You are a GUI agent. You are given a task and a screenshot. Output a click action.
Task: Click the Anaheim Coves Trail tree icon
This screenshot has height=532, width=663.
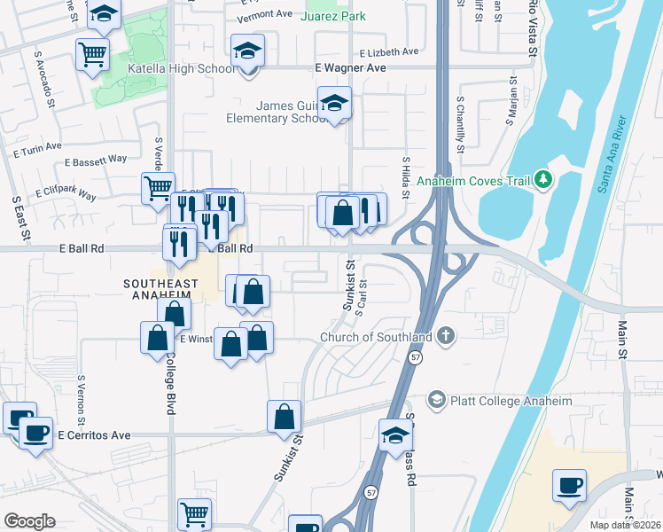tap(543, 181)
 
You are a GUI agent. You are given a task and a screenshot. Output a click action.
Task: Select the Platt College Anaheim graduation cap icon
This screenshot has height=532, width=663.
tap(435, 401)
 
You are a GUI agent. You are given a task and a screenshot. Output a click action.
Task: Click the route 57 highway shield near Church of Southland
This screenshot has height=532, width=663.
tap(415, 357)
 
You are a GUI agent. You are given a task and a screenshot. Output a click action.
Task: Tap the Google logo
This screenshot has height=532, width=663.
tap(29, 521)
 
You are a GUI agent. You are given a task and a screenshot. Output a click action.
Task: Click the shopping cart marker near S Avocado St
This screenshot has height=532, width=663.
tap(93, 55)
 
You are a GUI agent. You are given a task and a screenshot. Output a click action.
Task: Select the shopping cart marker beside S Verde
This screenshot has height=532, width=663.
tap(158, 187)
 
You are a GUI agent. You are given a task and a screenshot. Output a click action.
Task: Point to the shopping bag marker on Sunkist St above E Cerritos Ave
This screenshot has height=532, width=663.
tap(284, 416)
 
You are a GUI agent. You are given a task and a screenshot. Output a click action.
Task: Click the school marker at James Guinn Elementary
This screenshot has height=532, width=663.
tap(334, 104)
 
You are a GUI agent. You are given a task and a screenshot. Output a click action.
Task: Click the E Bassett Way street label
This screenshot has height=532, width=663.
tap(96, 160)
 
